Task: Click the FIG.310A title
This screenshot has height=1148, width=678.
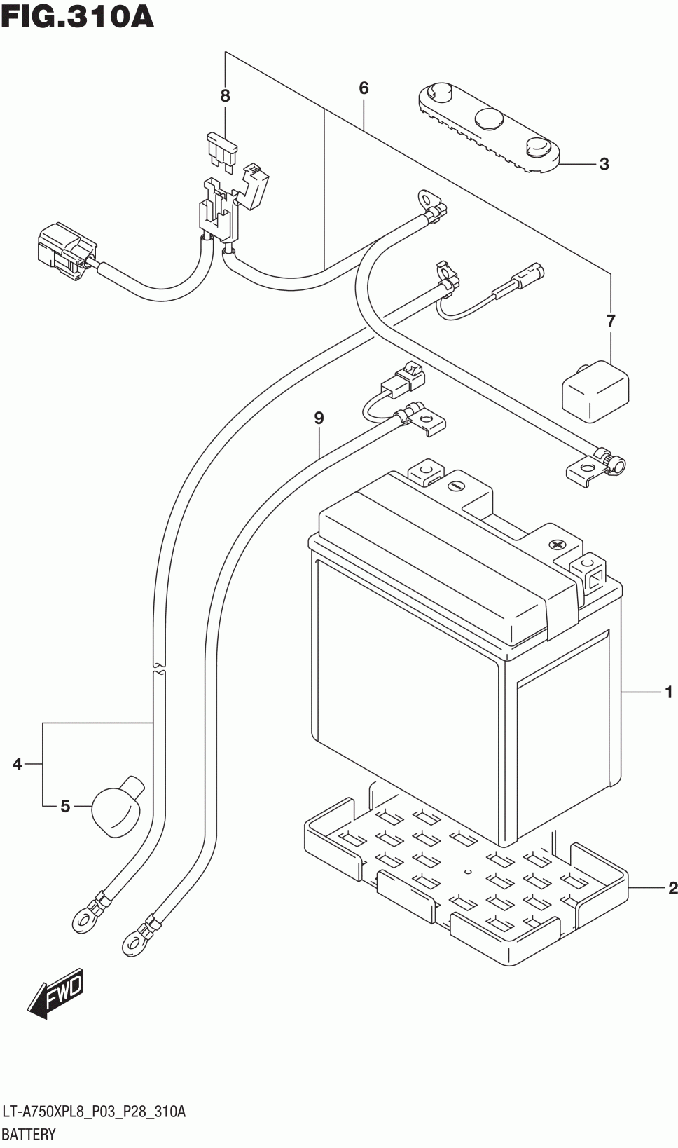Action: point(78,17)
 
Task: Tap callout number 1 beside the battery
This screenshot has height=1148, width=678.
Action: point(668,692)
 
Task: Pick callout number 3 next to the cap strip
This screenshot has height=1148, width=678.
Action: point(604,164)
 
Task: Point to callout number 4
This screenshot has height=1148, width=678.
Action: point(18,764)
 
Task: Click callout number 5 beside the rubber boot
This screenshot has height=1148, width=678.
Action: point(65,806)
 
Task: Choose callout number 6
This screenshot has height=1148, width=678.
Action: point(364,88)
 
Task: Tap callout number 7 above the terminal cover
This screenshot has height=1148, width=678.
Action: point(610,321)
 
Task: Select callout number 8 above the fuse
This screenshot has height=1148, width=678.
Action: point(226,95)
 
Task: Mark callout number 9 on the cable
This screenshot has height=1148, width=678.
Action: point(319,418)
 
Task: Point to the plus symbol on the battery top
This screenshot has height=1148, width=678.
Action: point(556,545)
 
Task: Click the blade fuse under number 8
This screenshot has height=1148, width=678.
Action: point(221,150)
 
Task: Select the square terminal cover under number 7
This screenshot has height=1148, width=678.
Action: point(595,392)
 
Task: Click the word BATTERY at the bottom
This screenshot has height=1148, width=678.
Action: point(29,1134)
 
